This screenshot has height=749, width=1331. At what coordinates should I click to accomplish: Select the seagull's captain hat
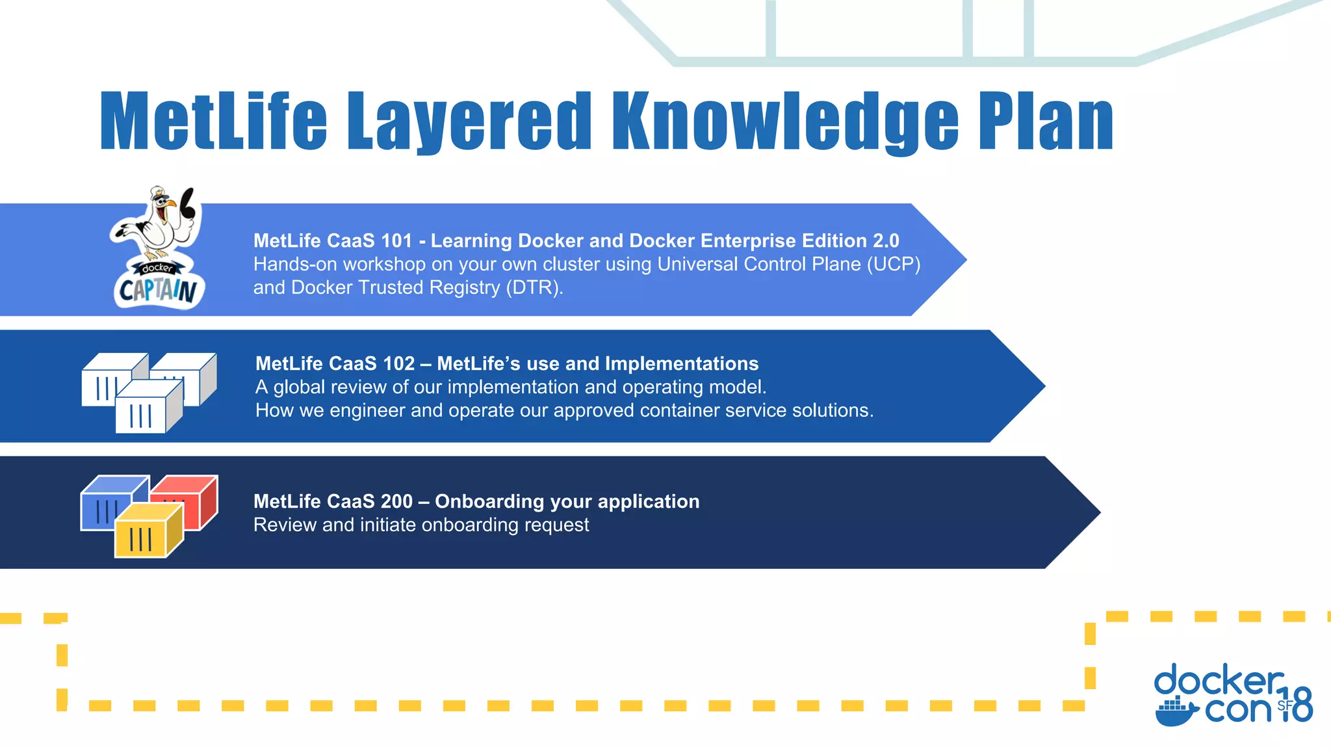pyautogui.click(x=159, y=194)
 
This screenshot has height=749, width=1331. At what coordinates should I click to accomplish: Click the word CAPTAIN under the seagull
pyautogui.click(x=158, y=290)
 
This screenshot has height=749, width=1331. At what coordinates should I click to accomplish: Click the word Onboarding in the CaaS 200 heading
pyautogui.click(x=489, y=501)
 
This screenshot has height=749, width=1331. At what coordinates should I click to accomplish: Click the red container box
pyautogui.click(x=188, y=501)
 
